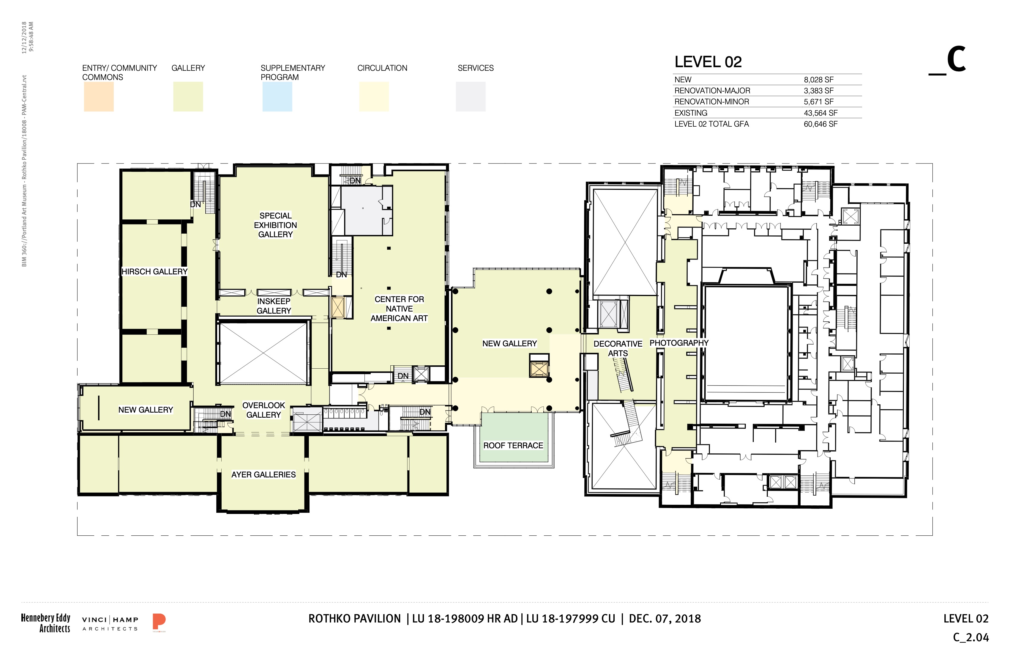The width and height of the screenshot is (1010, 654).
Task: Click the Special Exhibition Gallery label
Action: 275,225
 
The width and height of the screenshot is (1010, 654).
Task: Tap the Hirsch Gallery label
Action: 154,271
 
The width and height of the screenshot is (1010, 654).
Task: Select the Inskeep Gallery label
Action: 274,306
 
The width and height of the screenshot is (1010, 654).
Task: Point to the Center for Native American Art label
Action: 399,309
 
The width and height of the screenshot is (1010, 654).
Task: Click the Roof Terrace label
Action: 513,446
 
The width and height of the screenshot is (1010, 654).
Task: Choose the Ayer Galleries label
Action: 263,474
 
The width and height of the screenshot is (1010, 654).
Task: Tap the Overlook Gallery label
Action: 263,410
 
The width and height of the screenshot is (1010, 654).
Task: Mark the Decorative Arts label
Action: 618,348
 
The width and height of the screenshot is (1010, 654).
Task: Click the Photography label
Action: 679,343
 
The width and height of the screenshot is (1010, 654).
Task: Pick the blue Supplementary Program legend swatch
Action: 277,97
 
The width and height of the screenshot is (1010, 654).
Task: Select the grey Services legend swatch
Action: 471,97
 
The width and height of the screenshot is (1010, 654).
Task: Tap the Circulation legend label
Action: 382,68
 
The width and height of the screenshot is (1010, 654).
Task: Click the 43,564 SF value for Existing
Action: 821,113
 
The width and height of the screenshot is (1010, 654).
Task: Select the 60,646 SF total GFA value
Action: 821,124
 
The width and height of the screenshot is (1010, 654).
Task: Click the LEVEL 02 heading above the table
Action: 708,62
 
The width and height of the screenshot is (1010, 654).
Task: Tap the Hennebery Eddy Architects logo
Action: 46,623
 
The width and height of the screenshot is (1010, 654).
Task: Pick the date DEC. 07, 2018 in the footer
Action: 665,618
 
